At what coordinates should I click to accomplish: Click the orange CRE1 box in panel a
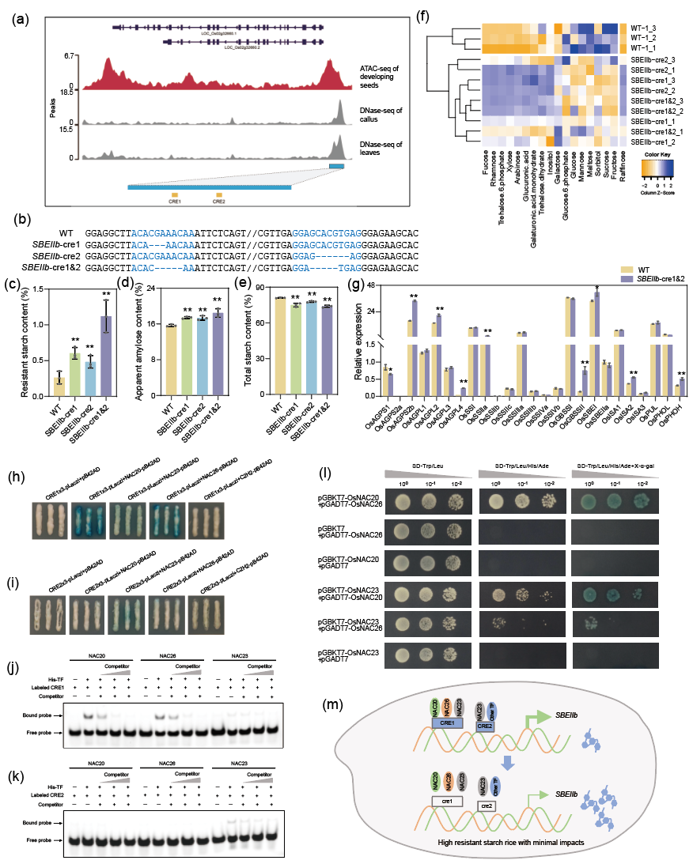[175, 194]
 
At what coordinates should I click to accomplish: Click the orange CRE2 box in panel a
[219, 194]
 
